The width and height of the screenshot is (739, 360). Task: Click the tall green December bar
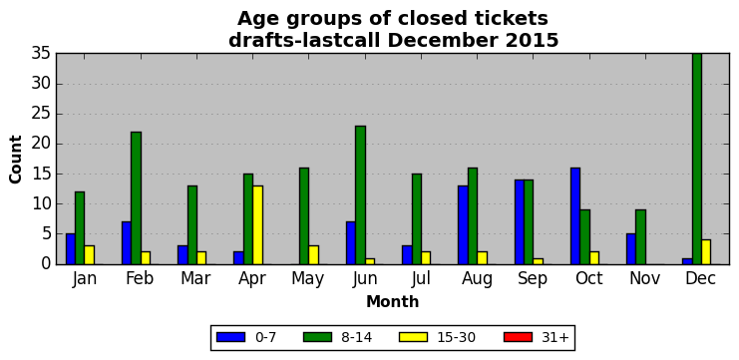click(x=696, y=159)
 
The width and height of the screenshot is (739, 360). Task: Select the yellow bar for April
click(x=257, y=224)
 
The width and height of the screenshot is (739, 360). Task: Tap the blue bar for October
click(x=575, y=215)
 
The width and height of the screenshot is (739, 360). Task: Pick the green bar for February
click(x=137, y=197)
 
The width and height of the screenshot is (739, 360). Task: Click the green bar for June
click(x=361, y=195)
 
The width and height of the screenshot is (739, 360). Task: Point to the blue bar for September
click(x=520, y=222)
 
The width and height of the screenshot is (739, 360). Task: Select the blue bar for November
click(x=631, y=248)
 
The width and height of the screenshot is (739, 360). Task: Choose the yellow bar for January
click(x=90, y=255)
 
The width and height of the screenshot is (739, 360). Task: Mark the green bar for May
click(x=304, y=215)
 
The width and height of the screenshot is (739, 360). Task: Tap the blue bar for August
click(x=464, y=224)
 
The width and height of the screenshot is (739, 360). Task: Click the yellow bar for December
click(x=706, y=252)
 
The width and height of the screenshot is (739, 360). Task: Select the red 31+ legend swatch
click(x=518, y=337)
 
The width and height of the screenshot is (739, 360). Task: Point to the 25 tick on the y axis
click(x=41, y=114)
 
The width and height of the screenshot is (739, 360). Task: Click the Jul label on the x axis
click(x=421, y=279)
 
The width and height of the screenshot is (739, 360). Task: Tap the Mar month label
click(x=195, y=279)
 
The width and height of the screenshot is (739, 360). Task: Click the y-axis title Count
click(x=15, y=159)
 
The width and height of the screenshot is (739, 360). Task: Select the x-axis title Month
click(x=393, y=301)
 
